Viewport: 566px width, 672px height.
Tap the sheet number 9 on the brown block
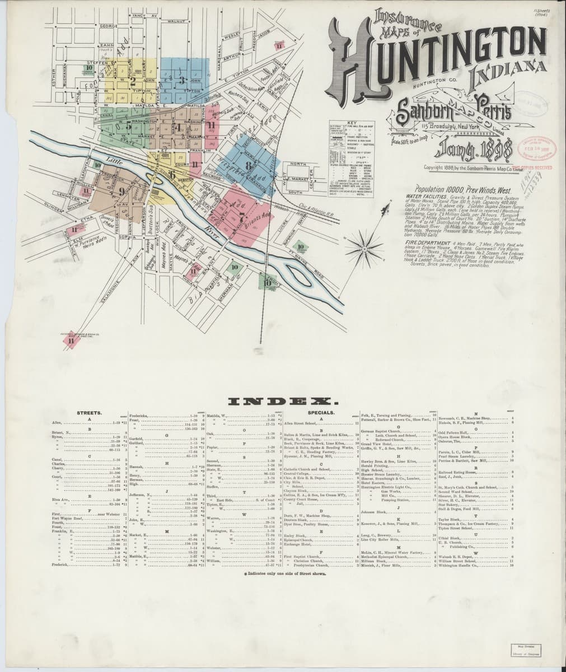[x=121, y=191]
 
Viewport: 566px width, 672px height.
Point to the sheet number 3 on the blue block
[x=181, y=79]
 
